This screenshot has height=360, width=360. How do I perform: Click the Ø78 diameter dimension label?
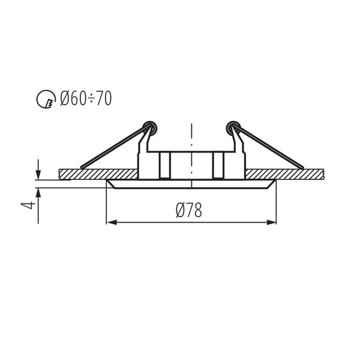click(x=188, y=210)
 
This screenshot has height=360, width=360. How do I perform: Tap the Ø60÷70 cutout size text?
click(x=86, y=98)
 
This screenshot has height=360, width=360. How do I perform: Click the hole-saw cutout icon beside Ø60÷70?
click(x=46, y=100)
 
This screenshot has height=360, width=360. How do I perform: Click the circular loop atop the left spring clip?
click(x=150, y=127)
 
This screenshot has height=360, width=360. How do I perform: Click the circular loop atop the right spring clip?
click(x=231, y=127)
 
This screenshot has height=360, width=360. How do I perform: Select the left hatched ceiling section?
click(x=99, y=173)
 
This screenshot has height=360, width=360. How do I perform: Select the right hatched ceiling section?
click(x=285, y=173)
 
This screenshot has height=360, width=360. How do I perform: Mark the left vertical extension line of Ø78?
click(x=106, y=204)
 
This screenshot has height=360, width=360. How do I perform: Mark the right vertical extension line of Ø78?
click(x=277, y=204)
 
